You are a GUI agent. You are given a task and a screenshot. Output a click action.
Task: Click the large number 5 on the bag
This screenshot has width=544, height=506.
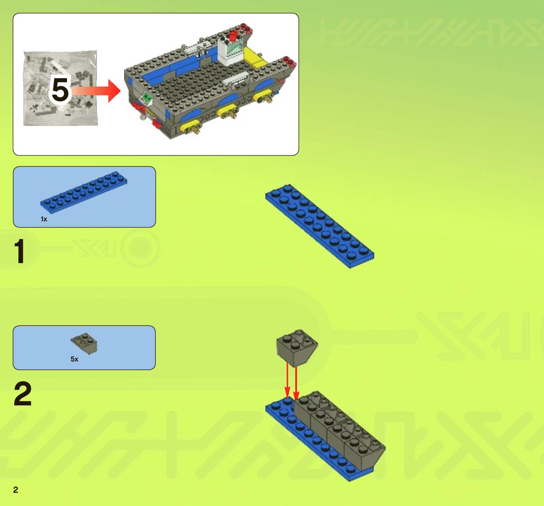[x=60, y=90]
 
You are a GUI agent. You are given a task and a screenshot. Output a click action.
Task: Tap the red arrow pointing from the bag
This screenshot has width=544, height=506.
[x=96, y=91]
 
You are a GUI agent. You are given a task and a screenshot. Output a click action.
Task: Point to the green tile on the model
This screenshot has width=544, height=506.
[x=147, y=98]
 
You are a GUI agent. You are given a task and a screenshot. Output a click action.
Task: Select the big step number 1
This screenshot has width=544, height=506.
[x=20, y=251]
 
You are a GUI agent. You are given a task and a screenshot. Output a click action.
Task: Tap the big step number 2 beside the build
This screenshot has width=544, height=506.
[x=22, y=394]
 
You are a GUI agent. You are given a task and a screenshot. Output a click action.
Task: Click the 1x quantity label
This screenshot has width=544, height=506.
[x=44, y=219]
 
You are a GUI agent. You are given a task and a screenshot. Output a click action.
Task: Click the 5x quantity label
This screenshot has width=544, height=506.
[x=74, y=359]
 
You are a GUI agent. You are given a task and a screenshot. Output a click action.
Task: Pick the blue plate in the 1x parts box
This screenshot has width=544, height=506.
[x=84, y=192]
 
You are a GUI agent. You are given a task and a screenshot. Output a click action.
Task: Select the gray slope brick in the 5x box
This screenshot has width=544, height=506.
[x=84, y=343]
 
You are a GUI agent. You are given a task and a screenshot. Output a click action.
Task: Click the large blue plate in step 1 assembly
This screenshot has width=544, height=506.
[x=320, y=226]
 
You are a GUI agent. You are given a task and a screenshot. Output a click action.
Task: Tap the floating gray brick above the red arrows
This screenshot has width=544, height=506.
[x=297, y=348]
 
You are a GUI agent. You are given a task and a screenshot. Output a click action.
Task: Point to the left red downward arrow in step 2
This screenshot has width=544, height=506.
[x=287, y=380]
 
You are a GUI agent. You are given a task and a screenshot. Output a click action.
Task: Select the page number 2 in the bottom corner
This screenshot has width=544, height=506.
[x=16, y=490]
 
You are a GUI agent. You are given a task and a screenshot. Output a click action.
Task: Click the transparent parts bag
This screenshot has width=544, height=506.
[x=60, y=88]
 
